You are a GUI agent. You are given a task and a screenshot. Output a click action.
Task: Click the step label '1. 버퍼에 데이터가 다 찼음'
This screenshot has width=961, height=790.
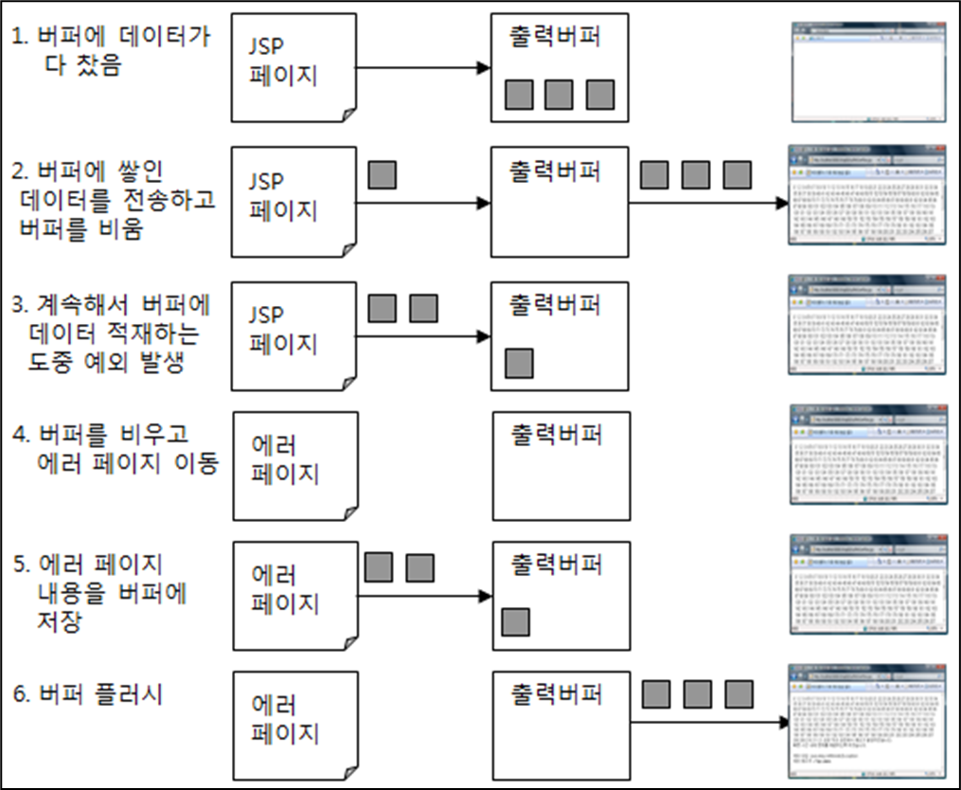coord(111,53)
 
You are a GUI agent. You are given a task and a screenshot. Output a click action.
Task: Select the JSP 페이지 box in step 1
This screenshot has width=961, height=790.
coord(294,67)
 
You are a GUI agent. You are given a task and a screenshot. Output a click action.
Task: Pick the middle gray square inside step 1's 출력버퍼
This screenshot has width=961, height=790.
coord(559,95)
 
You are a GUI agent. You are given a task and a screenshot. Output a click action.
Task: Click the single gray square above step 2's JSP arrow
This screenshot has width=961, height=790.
coord(382,174)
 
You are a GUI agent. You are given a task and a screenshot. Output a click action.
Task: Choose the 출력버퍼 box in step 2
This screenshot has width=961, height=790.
coord(559,201)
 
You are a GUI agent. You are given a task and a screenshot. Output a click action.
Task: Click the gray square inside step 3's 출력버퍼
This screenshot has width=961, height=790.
coord(519,363)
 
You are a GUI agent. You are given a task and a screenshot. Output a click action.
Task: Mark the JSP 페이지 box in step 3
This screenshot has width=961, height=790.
coord(294,335)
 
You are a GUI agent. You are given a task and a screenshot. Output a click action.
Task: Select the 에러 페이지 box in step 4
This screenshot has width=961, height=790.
coord(294,465)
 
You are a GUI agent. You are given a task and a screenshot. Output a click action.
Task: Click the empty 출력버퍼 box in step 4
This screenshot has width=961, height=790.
coord(561,465)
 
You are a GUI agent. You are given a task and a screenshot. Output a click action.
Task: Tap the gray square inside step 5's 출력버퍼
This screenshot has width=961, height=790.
coord(515,621)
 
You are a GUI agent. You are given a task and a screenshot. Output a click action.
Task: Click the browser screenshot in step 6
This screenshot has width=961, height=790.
coord(868,719)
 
